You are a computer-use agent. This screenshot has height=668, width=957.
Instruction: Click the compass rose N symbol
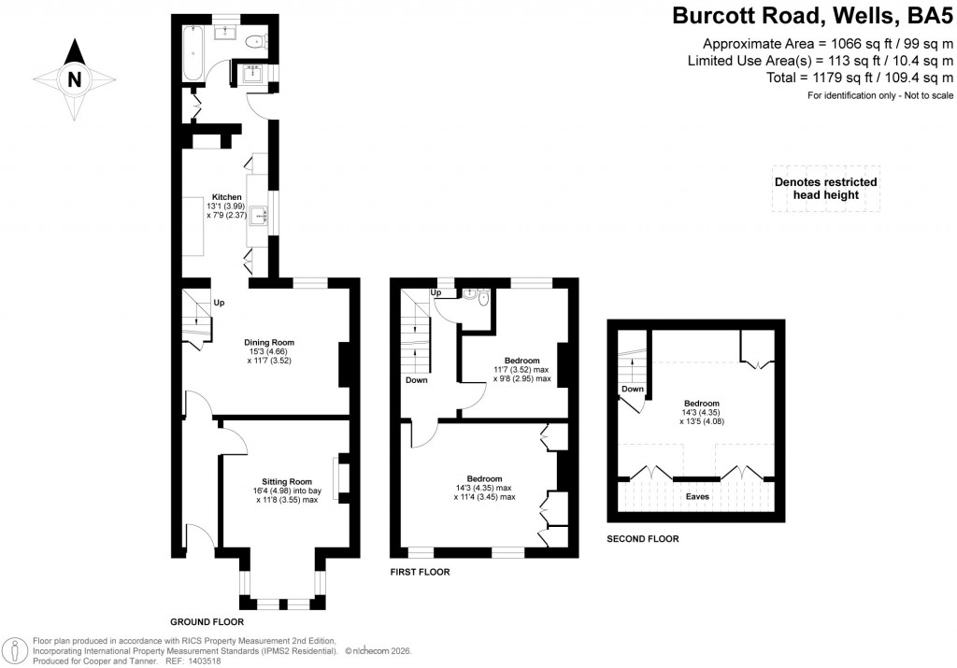[x=73, y=79]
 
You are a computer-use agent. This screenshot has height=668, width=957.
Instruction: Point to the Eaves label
[x=696, y=496]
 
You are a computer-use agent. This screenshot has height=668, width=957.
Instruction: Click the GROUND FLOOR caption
[x=207, y=621]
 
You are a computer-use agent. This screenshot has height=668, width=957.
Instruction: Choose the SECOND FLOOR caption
[x=642, y=539]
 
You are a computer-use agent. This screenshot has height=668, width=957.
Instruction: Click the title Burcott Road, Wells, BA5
[x=813, y=16]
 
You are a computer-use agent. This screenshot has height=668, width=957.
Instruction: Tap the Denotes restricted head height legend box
[x=825, y=189]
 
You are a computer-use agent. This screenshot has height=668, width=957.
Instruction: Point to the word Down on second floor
[x=632, y=389]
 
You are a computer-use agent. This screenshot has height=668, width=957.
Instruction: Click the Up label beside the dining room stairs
[x=220, y=303]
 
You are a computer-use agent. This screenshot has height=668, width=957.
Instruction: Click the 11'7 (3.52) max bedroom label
[x=521, y=370]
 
